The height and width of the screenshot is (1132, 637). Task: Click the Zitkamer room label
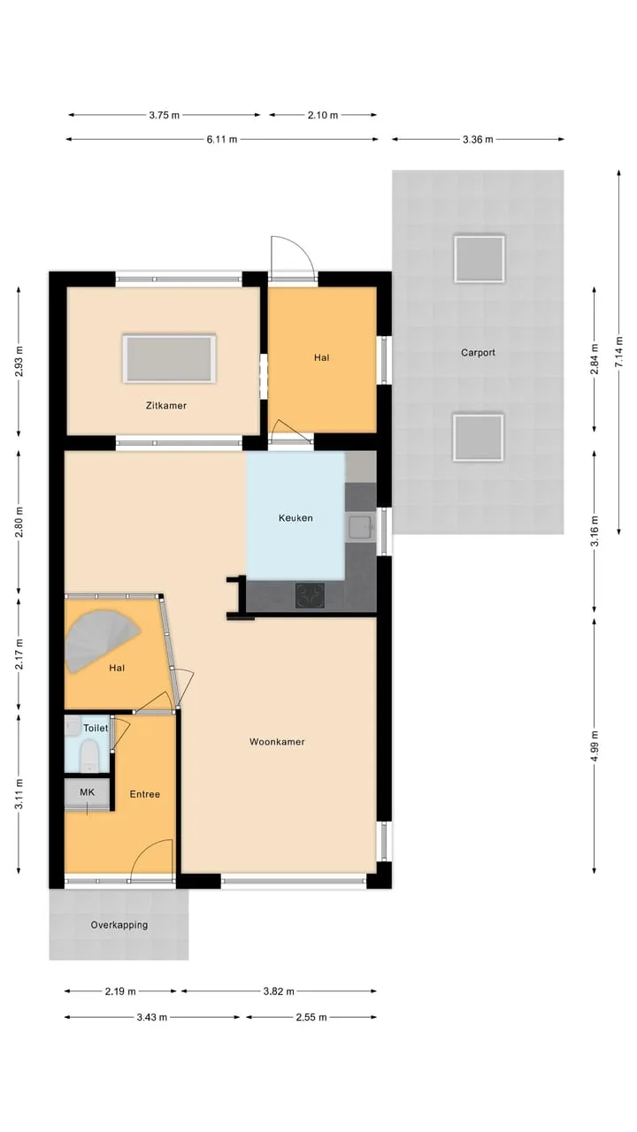tap(165, 405)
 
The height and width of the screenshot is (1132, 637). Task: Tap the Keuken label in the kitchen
tap(295, 518)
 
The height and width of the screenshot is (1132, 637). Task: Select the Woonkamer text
tap(277, 742)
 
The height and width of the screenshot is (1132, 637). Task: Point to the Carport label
tap(478, 352)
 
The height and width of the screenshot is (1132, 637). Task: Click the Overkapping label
tap(119, 925)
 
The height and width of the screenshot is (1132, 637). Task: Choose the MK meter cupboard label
tap(87, 792)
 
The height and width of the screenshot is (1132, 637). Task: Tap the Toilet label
tap(96, 728)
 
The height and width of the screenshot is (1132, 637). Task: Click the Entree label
tap(144, 794)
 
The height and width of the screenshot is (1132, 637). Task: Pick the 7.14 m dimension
tap(619, 352)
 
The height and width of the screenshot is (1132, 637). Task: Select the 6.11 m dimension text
tap(222, 140)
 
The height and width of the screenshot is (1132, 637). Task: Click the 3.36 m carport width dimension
tap(478, 140)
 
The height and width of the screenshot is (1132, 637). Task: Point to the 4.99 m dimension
tap(595, 746)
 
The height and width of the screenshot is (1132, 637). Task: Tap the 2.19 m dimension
tap(120, 991)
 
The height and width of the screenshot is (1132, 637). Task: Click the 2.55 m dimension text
tap(311, 1017)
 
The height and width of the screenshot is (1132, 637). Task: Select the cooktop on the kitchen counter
tap(310, 596)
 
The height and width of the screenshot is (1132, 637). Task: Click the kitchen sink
tap(360, 527)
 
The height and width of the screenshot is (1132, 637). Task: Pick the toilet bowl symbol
tap(89, 755)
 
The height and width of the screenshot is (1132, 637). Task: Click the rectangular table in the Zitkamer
tap(169, 359)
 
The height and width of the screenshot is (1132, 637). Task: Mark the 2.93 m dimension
tap(19, 362)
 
